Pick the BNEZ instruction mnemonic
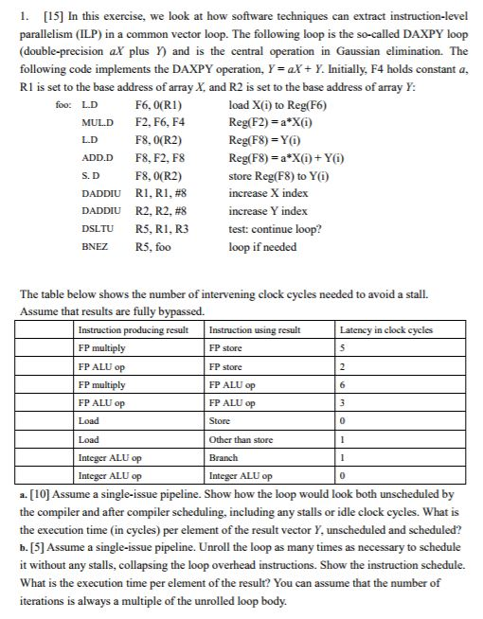pyautogui.click(x=96, y=246)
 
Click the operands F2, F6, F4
pyautogui.click(x=157, y=123)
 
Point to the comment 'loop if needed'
pyautogui.click(x=262, y=246)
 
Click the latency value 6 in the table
pyautogui.click(x=345, y=384)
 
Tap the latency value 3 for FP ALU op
pyautogui.click(x=345, y=402)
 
